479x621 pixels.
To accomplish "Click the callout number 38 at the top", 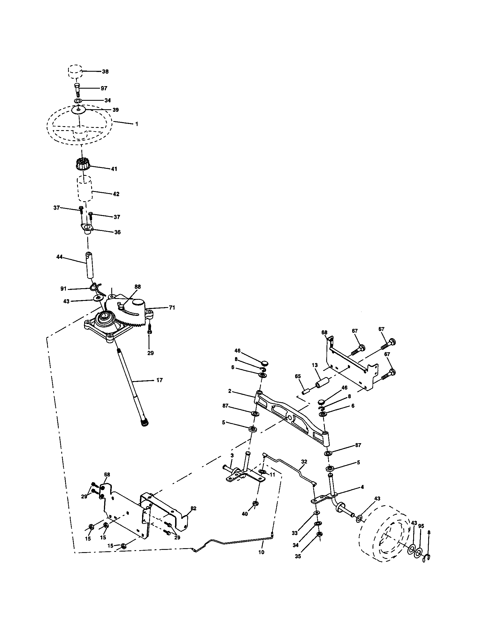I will click(x=105, y=72).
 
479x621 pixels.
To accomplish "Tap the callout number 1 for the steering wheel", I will click(x=136, y=124).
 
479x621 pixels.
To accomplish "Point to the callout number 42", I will click(x=116, y=194).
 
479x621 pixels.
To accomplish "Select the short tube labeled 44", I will click(x=90, y=265).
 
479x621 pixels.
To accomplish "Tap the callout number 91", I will click(x=63, y=288).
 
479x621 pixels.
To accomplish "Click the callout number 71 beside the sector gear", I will click(x=172, y=308).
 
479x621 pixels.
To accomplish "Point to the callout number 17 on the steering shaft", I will click(x=160, y=380).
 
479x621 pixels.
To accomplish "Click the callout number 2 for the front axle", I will click(x=230, y=391).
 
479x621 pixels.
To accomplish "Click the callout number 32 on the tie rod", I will click(x=304, y=462).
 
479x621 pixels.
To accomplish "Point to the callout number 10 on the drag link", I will click(x=262, y=552).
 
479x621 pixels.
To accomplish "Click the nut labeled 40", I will click(x=255, y=504).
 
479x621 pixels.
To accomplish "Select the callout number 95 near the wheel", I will click(x=421, y=526).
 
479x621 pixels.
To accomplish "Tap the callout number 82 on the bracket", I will click(x=193, y=508).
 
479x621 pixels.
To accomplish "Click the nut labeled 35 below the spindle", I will click(x=319, y=542).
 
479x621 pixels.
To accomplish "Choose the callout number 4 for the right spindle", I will click(x=362, y=487).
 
